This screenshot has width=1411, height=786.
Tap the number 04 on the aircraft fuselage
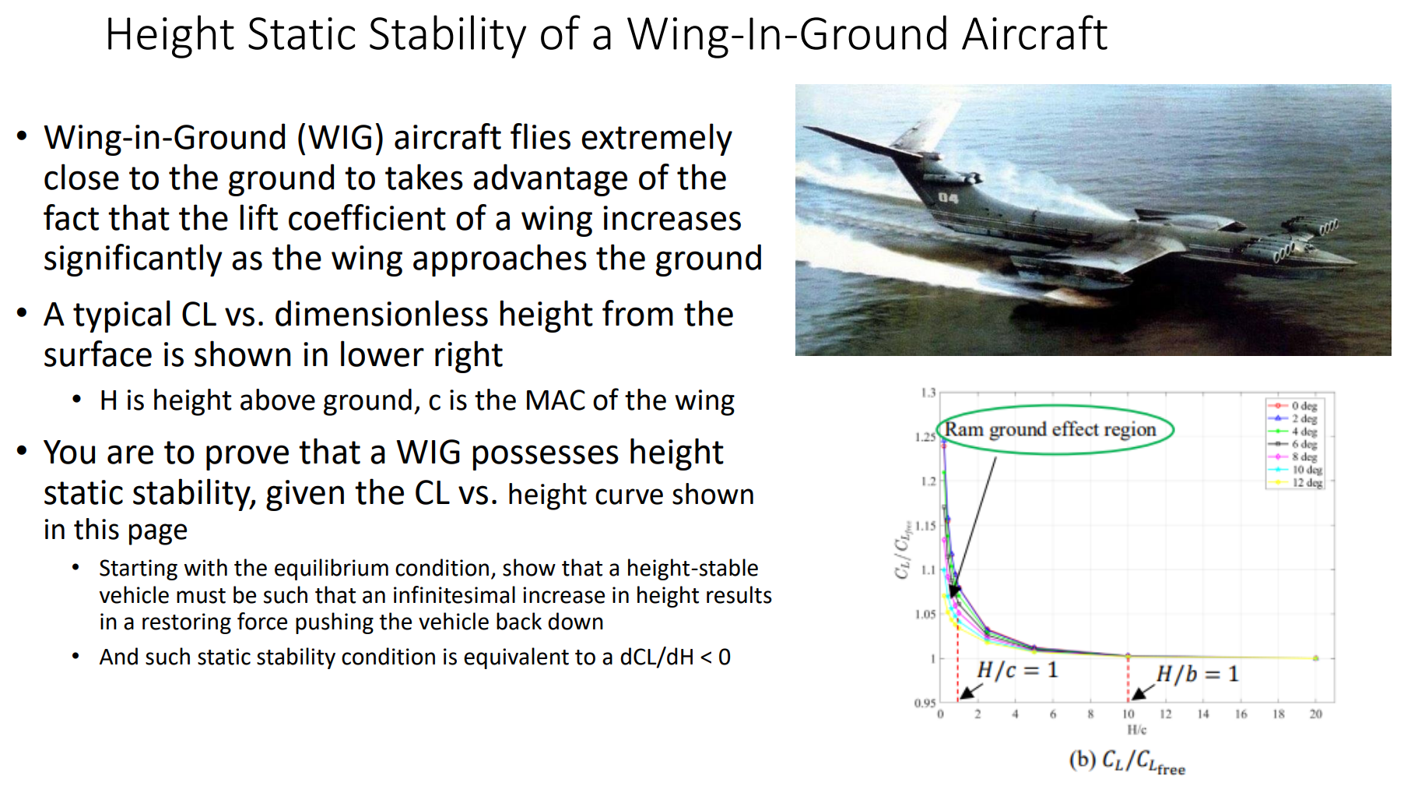click(947, 198)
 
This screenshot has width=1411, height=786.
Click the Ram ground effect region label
click(1050, 429)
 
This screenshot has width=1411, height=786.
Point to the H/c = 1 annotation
click(1017, 670)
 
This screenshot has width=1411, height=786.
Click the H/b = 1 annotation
click(1197, 674)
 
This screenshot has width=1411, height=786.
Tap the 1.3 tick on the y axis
click(928, 393)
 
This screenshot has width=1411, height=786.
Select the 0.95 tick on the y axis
click(925, 703)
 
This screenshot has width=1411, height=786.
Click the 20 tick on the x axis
click(1315, 714)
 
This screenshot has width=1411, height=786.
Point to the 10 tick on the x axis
click(1128, 714)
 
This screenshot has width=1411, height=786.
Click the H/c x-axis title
click(1136, 730)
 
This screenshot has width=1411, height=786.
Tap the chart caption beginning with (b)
click(1126, 761)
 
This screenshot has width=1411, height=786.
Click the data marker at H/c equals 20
click(1315, 658)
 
